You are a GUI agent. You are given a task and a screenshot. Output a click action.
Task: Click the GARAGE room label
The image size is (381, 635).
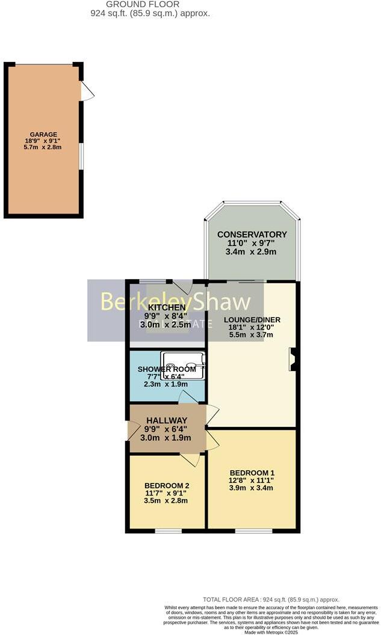coord(44,134)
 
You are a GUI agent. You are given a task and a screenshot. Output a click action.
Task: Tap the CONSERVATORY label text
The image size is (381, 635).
coord(252,235)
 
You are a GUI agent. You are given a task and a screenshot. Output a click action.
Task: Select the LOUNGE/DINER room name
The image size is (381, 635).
coord(252,319)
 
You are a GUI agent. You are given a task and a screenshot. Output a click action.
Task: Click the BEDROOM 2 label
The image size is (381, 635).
coord(167,485)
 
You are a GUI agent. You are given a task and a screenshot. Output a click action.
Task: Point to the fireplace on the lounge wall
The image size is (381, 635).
coord(292,358)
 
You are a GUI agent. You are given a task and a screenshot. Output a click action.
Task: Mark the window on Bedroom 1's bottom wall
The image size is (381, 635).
coord(249,530)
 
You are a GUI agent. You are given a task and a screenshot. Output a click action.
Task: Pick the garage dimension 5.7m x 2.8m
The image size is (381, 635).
coord(44,147)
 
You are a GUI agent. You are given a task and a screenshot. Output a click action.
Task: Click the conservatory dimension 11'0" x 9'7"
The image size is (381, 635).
coord(252,244)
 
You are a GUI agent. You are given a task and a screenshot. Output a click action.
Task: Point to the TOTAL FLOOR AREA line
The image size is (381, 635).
coord(271,600)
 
